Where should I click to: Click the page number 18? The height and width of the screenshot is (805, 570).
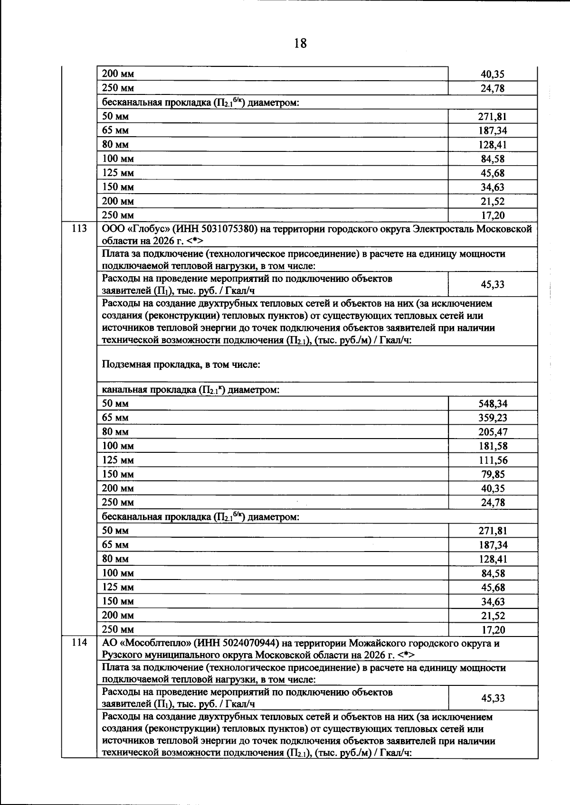300,44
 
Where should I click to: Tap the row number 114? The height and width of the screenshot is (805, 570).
79,643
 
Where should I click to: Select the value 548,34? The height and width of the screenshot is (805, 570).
493,404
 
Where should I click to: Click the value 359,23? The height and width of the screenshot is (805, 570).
493,418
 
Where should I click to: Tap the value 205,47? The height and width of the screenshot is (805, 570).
493,432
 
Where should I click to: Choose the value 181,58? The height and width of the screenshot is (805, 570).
493,446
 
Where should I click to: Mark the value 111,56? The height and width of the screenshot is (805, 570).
493,460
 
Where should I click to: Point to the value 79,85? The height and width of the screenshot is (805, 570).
493,474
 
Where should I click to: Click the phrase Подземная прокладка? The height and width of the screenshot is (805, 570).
149,365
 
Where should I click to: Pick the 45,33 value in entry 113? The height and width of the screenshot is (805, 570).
493,285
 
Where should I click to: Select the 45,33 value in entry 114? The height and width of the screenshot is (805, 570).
493,698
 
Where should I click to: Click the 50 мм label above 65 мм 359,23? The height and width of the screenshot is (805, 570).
115,403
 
